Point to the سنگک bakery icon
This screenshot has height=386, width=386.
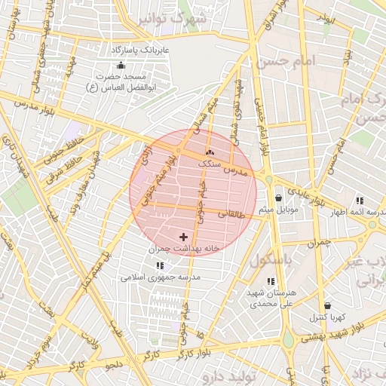click(210, 153)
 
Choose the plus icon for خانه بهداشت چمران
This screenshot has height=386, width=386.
click(183, 237)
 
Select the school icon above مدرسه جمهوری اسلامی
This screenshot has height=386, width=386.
click(159, 265)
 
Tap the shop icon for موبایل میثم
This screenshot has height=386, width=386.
click(279, 198)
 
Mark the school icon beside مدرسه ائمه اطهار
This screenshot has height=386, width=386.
click(360, 201)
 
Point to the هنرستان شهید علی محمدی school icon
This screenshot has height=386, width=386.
click(271, 281)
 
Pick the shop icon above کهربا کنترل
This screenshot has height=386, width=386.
click(327, 306)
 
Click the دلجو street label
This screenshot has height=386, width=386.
click(113, 365)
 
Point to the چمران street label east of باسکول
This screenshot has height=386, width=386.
click(319, 243)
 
